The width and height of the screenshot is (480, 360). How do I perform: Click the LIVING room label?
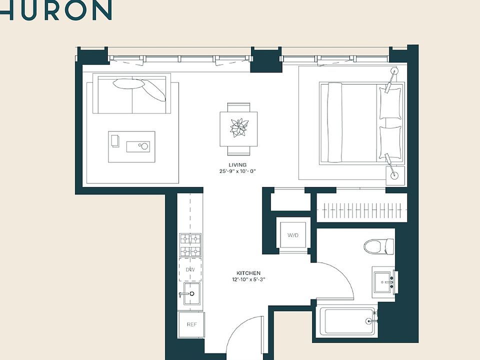pos(238,165)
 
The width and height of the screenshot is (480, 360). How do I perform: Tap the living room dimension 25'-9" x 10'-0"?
pos(238,171)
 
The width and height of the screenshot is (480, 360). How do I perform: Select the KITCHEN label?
pos(248,273)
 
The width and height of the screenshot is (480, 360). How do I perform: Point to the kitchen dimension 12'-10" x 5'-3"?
pos(248,279)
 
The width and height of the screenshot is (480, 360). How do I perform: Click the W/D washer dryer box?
pos(292,235)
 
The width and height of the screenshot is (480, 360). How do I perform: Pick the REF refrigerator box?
pos(191,324)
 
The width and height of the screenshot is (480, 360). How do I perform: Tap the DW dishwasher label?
pos(190,269)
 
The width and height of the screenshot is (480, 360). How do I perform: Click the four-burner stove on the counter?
pos(190,245)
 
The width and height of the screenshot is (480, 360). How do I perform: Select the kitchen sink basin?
pos(191,293)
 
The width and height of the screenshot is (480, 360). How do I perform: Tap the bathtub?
pos(348,321)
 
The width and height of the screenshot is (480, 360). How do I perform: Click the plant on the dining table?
pos(239,127)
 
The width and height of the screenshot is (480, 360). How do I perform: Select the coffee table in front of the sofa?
pos(132,146)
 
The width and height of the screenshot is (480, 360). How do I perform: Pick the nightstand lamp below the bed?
pos(394,173)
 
